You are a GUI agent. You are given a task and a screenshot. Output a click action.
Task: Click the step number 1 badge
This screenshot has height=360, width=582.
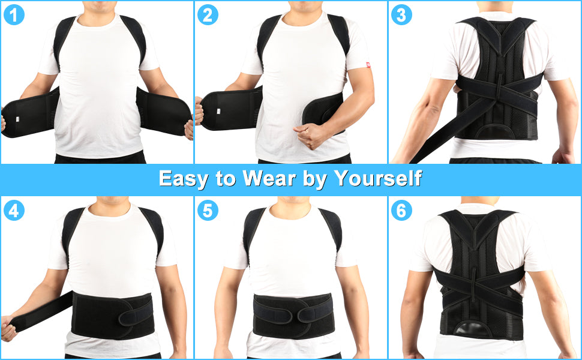point(14,14)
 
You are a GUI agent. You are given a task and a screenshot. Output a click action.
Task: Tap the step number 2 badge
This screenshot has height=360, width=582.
point(208,14)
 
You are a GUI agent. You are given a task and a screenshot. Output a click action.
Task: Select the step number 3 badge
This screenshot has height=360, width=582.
point(401,14)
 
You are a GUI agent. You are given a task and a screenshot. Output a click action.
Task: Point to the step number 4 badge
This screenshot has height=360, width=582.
point(14,211)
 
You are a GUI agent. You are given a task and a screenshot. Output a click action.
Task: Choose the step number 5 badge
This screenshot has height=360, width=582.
point(208,211)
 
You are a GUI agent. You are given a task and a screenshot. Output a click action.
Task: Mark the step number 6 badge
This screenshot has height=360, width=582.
point(401,211)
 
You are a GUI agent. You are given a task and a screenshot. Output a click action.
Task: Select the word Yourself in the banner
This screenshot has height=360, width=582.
point(378,178)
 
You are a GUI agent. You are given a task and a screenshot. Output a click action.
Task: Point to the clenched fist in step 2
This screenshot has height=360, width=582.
point(309,135)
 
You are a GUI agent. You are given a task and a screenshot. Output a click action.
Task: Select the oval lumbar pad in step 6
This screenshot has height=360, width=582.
point(478,329)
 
